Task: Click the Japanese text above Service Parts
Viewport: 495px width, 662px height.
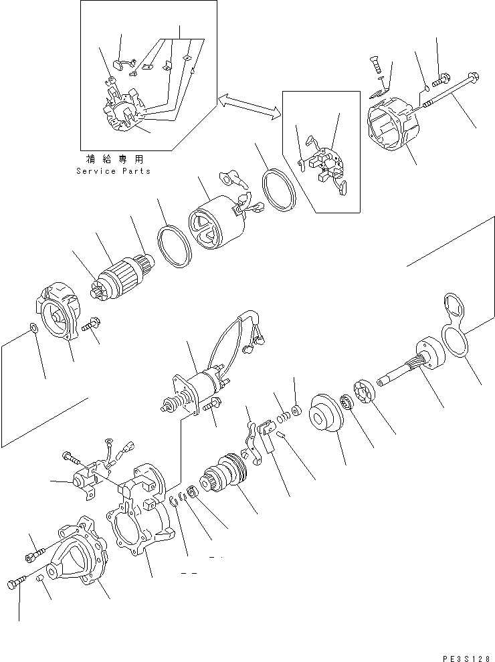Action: tap(114, 159)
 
